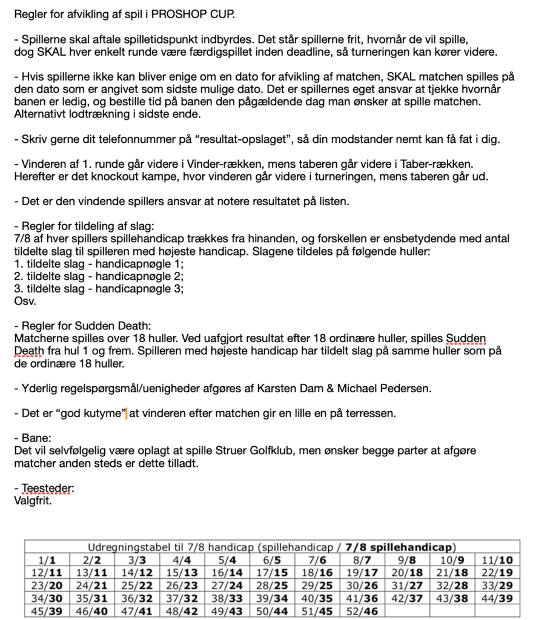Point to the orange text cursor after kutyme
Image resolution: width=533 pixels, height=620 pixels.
tap(127, 414)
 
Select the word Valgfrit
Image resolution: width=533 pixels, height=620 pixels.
tap(33, 500)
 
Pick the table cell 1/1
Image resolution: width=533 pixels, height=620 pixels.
tap(47, 560)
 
